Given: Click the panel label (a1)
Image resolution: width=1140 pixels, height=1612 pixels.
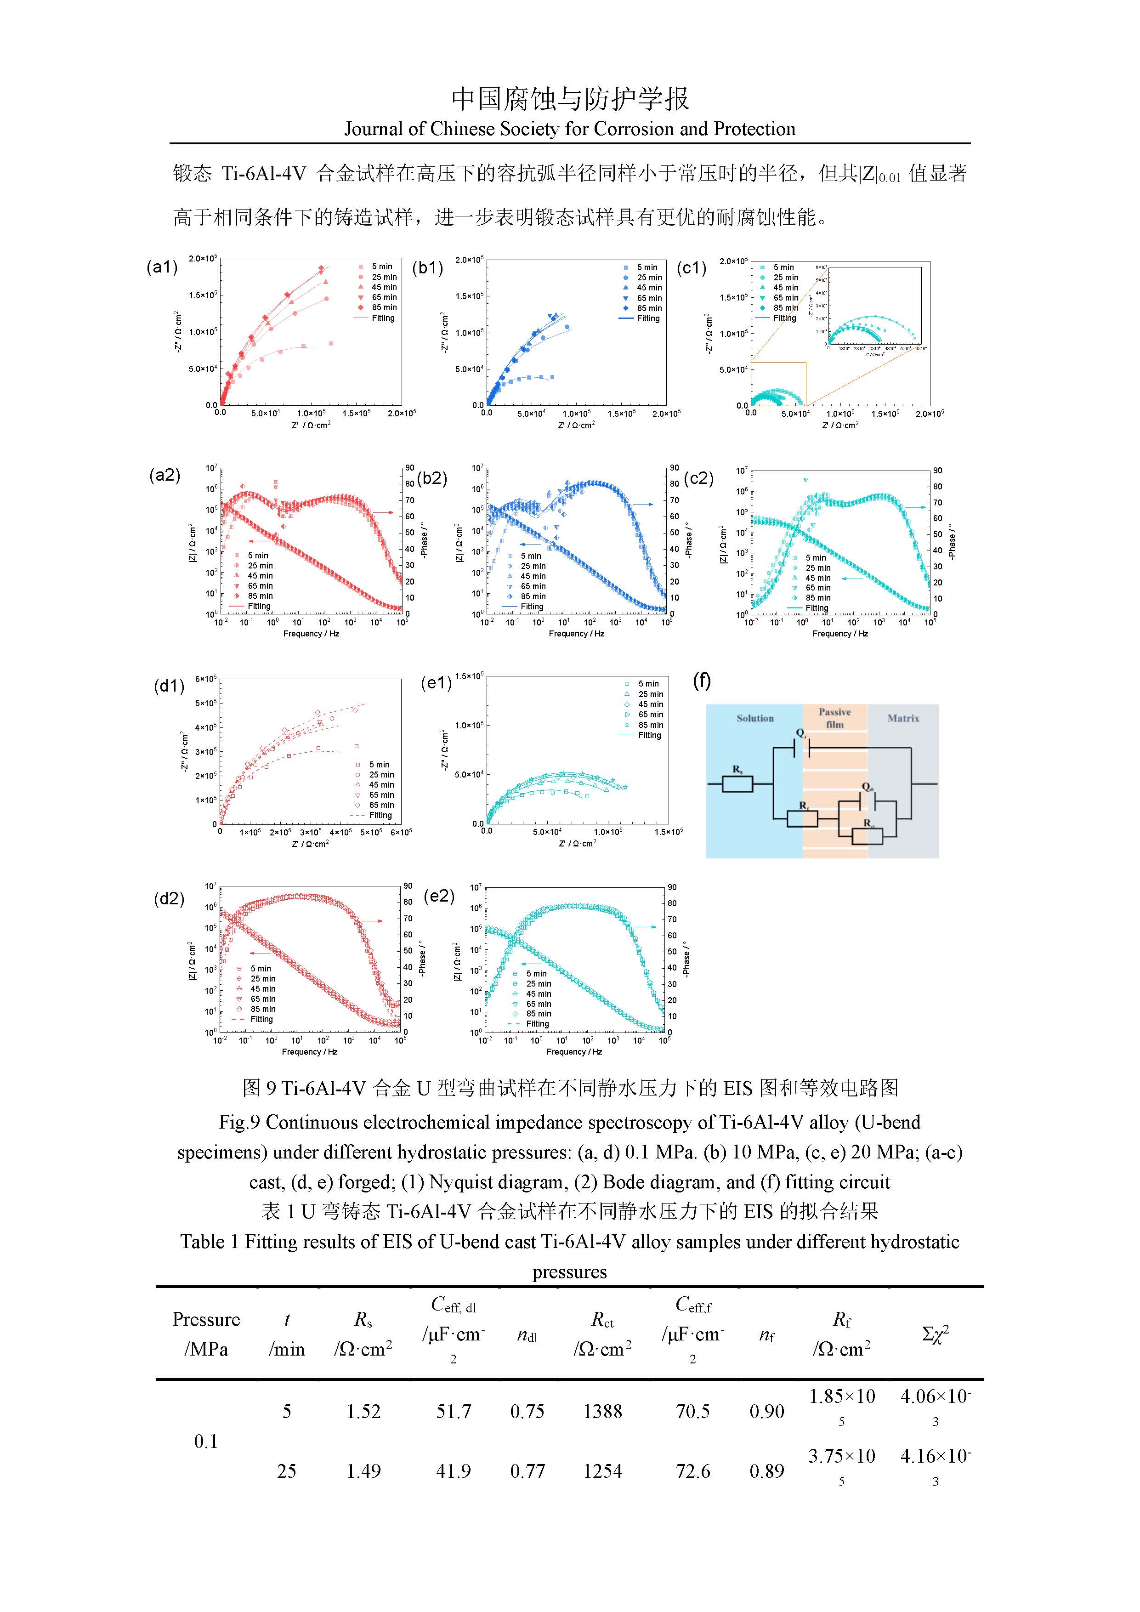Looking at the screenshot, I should (x=161, y=267).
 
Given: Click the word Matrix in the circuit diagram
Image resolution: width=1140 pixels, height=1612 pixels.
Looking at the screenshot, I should (x=903, y=718).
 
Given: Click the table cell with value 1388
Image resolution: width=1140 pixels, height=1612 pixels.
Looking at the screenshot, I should (x=602, y=1411).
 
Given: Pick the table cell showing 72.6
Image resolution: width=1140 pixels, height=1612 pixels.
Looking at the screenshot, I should (x=693, y=1471).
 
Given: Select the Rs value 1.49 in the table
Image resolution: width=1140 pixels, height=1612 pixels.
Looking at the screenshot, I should (x=363, y=1471).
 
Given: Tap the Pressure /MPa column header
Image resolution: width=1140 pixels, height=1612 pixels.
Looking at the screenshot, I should (x=206, y=1334).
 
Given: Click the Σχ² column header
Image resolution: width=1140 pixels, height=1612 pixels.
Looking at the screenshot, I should (x=935, y=1334).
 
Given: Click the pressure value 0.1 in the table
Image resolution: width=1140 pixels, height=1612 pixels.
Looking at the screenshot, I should (x=206, y=1442).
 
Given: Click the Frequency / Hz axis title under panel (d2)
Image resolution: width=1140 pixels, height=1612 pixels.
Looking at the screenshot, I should (x=310, y=1052).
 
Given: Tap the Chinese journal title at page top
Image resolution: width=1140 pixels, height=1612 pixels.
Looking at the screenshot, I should (x=570, y=99).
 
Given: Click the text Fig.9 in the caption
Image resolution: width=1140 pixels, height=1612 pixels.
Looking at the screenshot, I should (x=239, y=1123).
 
